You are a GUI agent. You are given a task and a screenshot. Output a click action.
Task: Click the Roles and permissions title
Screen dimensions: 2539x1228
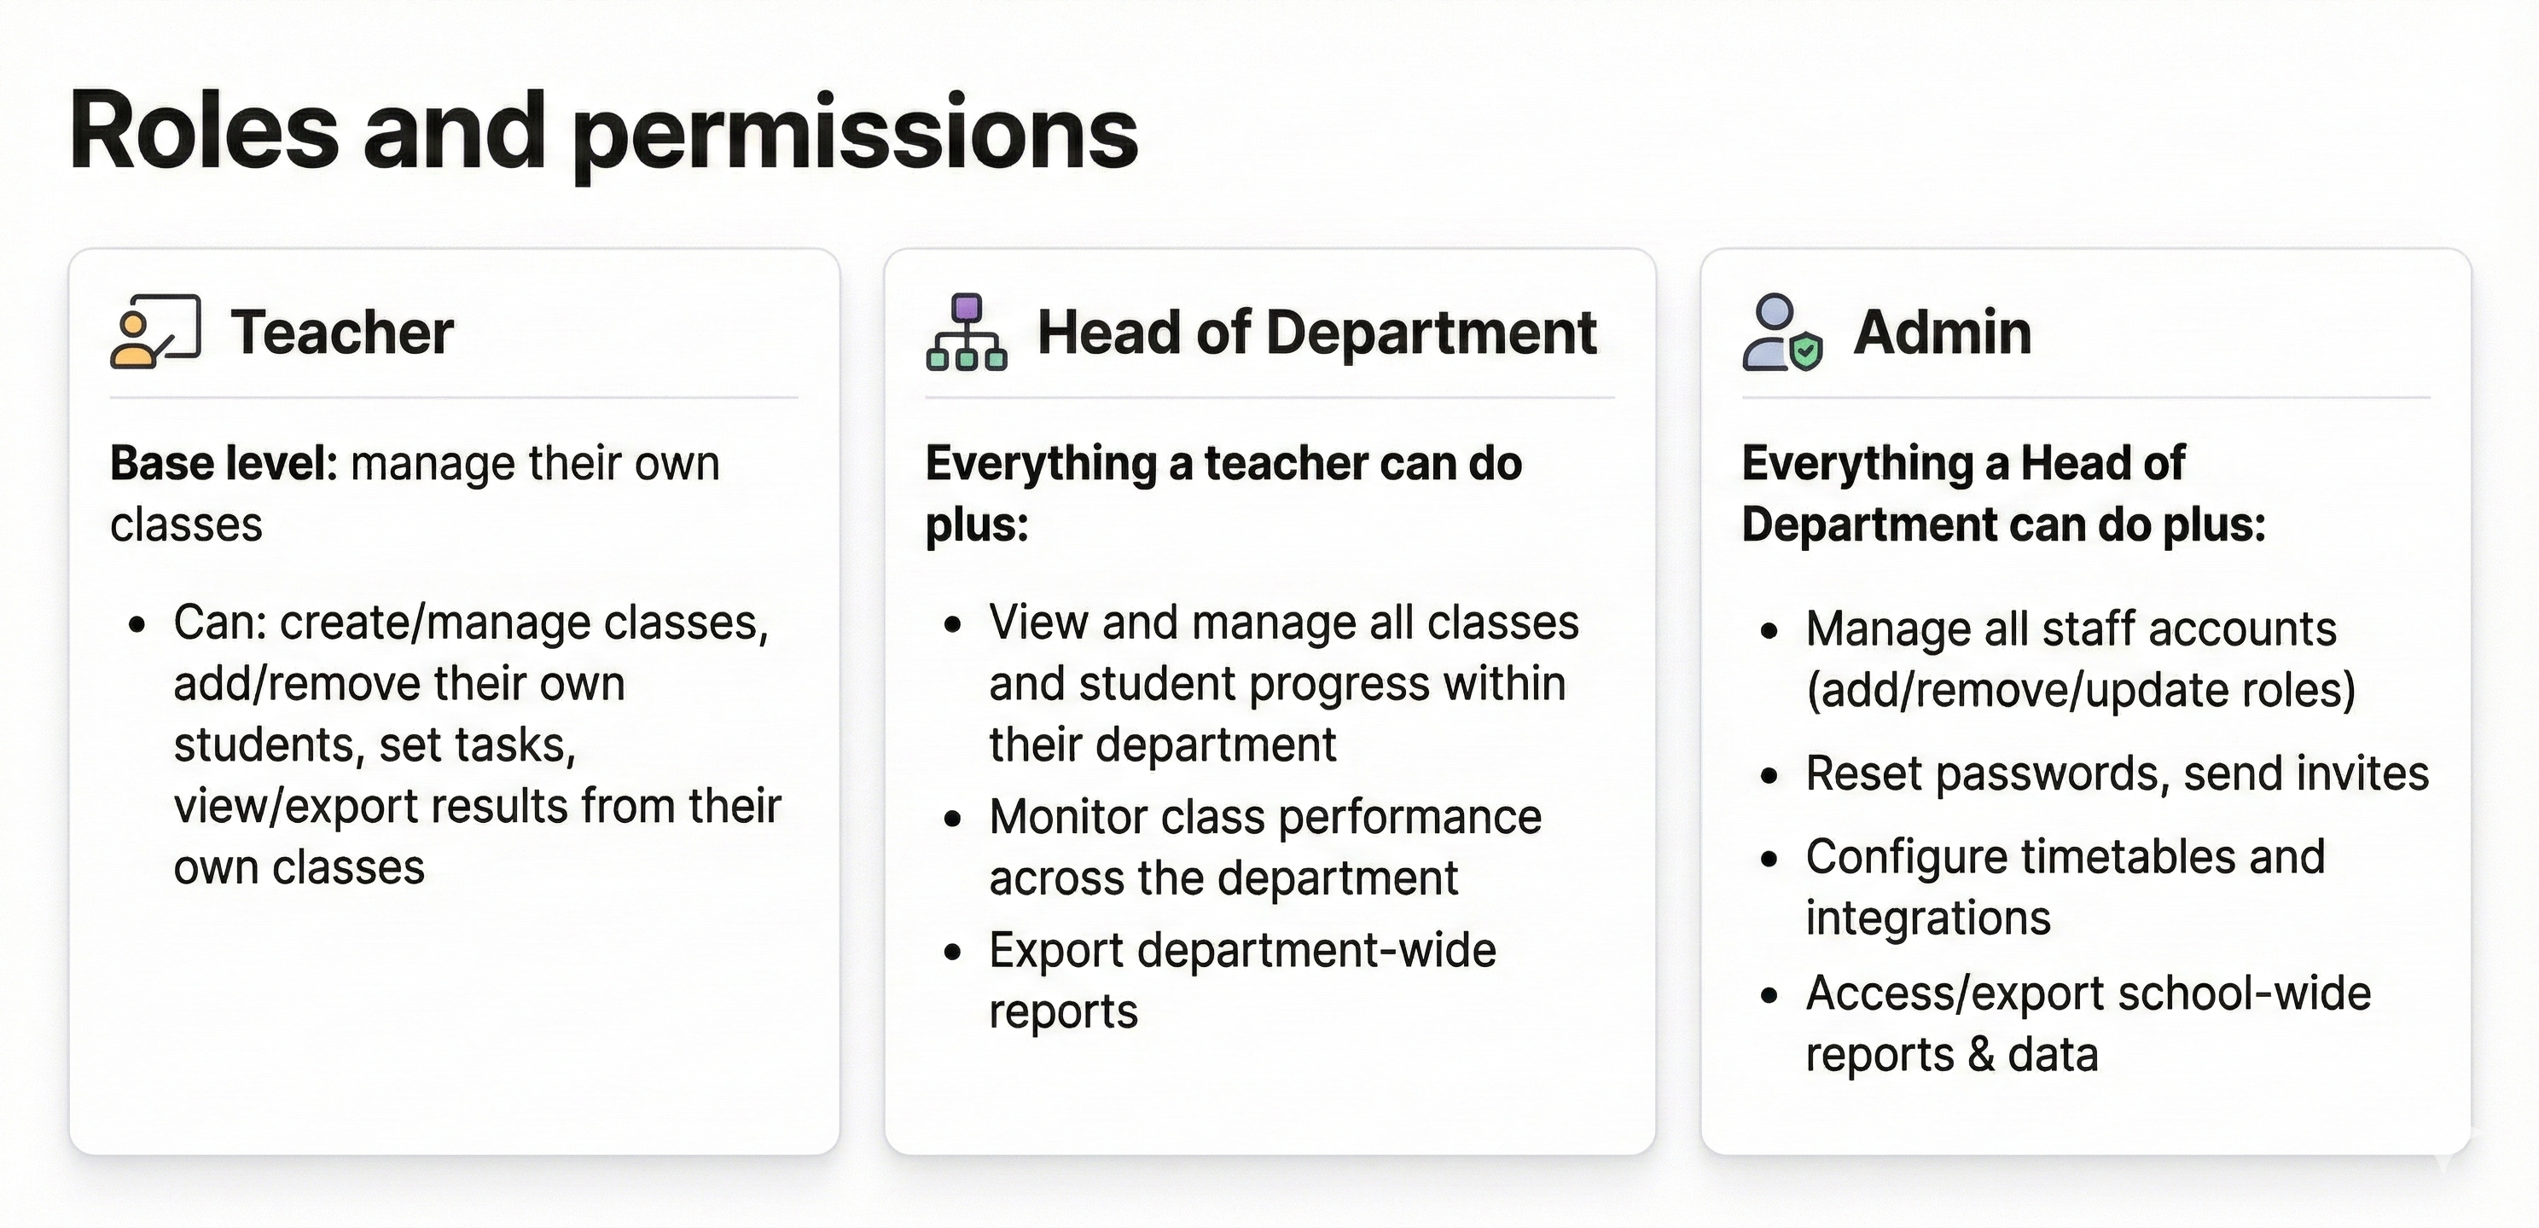click(604, 133)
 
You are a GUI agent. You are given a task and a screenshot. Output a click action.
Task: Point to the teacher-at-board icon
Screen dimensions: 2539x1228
click(156, 331)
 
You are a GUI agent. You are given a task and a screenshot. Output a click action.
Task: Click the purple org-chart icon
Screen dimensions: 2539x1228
click(967, 331)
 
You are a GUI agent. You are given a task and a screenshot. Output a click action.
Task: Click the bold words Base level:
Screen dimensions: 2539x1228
click(224, 463)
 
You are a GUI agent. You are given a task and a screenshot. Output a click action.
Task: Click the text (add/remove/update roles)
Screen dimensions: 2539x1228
click(2081, 690)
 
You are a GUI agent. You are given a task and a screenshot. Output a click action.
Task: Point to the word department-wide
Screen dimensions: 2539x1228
click(1316, 951)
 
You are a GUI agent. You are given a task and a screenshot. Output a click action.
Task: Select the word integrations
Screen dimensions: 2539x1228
click(1928, 918)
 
